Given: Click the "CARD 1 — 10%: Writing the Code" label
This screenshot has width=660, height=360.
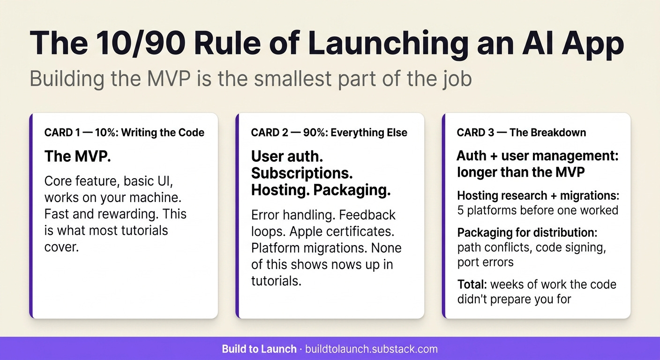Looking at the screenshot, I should (x=124, y=133).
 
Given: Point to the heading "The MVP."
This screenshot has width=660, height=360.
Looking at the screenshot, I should (x=77, y=157).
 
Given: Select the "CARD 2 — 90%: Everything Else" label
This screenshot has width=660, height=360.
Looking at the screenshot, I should (x=329, y=133).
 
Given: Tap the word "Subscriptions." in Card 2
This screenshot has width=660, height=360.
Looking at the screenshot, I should (x=302, y=173).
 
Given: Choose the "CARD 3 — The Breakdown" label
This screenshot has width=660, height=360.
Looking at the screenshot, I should (x=521, y=133).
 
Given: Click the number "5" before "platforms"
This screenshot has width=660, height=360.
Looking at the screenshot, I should (x=460, y=210).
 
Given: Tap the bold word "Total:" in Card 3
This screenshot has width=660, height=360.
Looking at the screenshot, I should (x=472, y=284).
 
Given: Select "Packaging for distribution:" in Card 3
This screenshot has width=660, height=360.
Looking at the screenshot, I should (x=527, y=232).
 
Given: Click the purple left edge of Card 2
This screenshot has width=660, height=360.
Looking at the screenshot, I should (x=237, y=216).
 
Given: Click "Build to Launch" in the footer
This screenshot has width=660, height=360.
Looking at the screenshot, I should (x=259, y=349).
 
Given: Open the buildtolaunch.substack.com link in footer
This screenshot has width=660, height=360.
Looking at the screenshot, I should (x=371, y=349).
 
